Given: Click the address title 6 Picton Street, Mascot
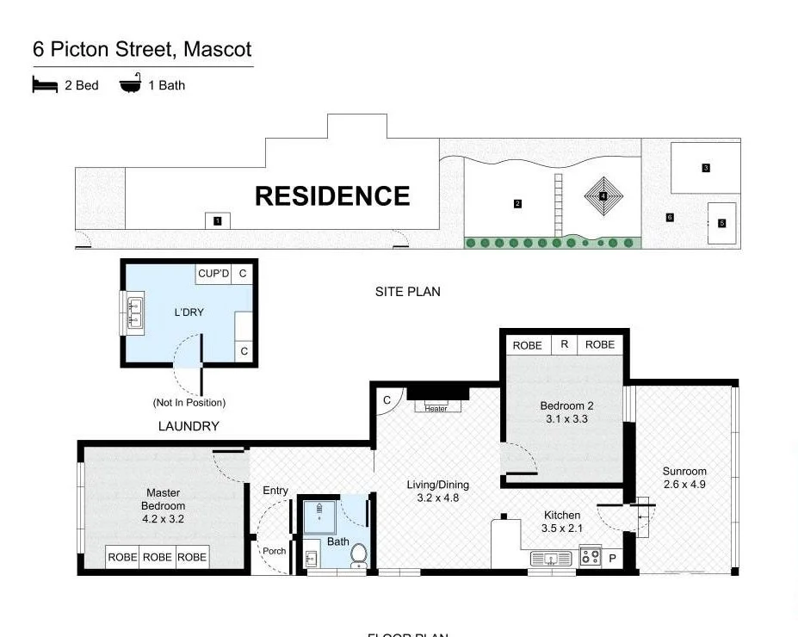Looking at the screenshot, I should pyautogui.click(x=142, y=49).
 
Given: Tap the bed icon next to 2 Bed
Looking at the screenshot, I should pyautogui.click(x=45, y=84).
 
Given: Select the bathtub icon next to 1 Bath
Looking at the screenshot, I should pyautogui.click(x=130, y=84).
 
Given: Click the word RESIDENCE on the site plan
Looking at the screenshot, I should pyautogui.click(x=332, y=196).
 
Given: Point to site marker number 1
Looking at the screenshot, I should pyautogui.click(x=218, y=221).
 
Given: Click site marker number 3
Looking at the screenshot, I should pyautogui.click(x=705, y=168).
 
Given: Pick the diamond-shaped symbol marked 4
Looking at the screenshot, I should pyautogui.click(x=603, y=197).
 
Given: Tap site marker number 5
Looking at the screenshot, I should pyautogui.click(x=721, y=224).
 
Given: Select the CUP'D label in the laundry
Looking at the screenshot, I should pyautogui.click(x=213, y=274).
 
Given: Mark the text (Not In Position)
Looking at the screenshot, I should pyautogui.click(x=189, y=402).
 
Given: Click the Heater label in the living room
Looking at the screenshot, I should pyautogui.click(x=436, y=408).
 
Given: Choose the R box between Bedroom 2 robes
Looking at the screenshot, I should pyautogui.click(x=564, y=344).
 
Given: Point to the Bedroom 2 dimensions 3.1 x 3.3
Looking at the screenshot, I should pyautogui.click(x=566, y=419).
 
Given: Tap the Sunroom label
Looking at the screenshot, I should pyautogui.click(x=684, y=471).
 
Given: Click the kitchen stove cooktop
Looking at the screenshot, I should pyautogui.click(x=590, y=556).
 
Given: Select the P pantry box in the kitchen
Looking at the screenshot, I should pyautogui.click(x=612, y=558).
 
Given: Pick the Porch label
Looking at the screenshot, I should pyautogui.click(x=274, y=551).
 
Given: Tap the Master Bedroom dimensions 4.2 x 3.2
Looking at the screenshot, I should pyautogui.click(x=164, y=519).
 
